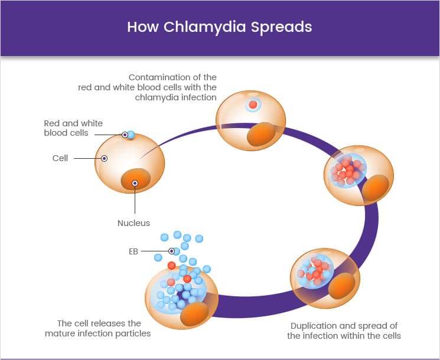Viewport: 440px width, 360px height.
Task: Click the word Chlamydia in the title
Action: pyautogui.click(x=204, y=27)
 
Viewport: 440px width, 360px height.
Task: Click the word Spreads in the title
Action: pyautogui.click(x=281, y=27)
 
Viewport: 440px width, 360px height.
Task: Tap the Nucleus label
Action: pyautogui.click(x=133, y=223)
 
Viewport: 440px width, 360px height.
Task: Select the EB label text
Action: pyautogui.click(x=133, y=251)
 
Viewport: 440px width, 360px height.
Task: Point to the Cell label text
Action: pyautogui.click(x=60, y=158)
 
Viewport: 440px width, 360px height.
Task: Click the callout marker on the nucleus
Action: pyautogui.click(x=135, y=183)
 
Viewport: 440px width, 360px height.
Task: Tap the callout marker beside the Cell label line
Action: pyautogui.click(x=104, y=158)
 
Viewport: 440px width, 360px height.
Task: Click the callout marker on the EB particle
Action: pyautogui.click(x=171, y=251)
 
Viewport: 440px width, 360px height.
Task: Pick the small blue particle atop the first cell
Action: pyautogui.click(x=131, y=135)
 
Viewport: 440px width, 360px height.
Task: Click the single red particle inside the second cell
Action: pyautogui.click(x=253, y=104)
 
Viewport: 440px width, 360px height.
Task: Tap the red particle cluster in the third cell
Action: pyautogui.click(x=347, y=171)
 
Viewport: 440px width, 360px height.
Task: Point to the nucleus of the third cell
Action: pyautogui.click(x=376, y=187)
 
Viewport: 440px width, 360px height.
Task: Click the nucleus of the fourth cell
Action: pyautogui.click(x=342, y=286)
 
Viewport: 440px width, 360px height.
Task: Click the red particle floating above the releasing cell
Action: pyautogui.click(x=171, y=265)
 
